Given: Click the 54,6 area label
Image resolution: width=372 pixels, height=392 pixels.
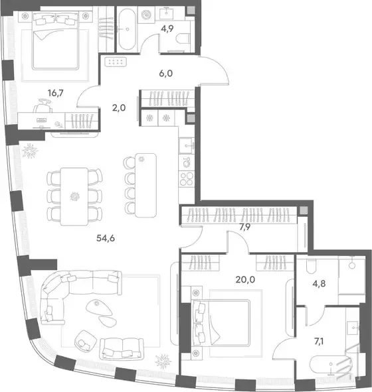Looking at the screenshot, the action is coord(106,238).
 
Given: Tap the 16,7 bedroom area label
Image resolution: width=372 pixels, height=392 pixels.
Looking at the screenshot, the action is coord(56,93).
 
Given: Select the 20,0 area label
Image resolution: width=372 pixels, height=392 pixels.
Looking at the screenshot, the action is coord(245,279).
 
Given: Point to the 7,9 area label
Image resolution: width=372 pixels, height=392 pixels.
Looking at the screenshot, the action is coord(245,227).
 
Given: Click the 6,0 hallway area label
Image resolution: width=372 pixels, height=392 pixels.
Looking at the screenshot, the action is coord(165,73).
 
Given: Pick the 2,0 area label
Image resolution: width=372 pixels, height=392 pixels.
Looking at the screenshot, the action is coord(119,107).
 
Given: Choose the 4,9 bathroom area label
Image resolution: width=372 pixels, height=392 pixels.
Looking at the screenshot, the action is coord(167,29).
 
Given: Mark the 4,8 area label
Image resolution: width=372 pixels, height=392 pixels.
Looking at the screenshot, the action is coord(319,283).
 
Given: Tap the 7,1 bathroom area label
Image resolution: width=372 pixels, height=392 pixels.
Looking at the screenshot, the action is coord(319,341).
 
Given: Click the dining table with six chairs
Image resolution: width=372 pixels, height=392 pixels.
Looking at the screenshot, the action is coord(74,196).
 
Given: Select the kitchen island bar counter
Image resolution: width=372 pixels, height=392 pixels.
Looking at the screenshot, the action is coord(145,185).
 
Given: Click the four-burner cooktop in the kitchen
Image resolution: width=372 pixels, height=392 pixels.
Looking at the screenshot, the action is coord(187,178).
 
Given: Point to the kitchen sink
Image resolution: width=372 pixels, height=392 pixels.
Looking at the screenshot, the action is coord(187,145).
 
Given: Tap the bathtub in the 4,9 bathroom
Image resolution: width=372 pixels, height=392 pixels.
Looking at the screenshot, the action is coord(127,29).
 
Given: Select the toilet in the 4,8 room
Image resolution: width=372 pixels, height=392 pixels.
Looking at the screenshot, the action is coord(311,267).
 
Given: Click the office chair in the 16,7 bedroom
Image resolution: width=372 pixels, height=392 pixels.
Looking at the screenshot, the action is coord(43,106).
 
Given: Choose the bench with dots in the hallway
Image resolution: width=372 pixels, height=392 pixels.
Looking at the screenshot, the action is coord(116,62).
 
